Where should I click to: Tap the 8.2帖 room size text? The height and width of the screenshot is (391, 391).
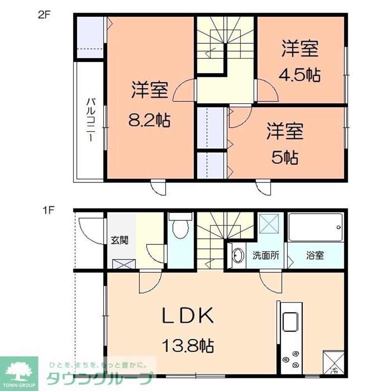pyautogui.click(x=149, y=120)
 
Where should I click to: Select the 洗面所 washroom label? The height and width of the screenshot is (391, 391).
pyautogui.click(x=265, y=256)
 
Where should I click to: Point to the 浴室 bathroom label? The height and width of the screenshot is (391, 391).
pyautogui.click(x=315, y=256)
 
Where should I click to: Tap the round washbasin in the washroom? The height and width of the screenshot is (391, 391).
pyautogui.click(x=238, y=256)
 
